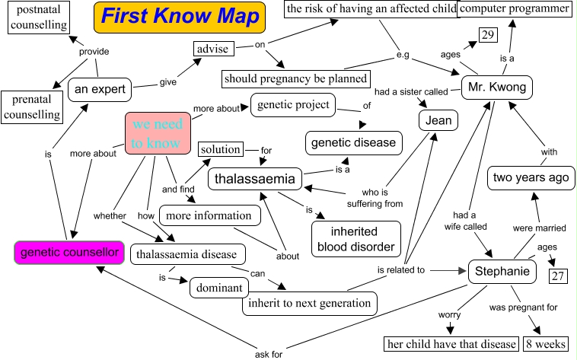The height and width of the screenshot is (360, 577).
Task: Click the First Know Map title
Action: click(180, 17)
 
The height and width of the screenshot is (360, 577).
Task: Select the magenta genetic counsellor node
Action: click(69, 252)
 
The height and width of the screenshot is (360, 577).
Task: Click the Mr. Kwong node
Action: click(496, 88)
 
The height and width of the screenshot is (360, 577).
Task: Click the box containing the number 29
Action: click(487, 36)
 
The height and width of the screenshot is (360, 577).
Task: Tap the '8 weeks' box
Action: click(545, 344)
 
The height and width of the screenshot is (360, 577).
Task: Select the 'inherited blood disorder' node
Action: click(355, 239)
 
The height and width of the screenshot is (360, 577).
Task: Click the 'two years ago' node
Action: click(531, 177)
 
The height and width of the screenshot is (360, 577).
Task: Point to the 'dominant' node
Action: click(219, 288)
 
